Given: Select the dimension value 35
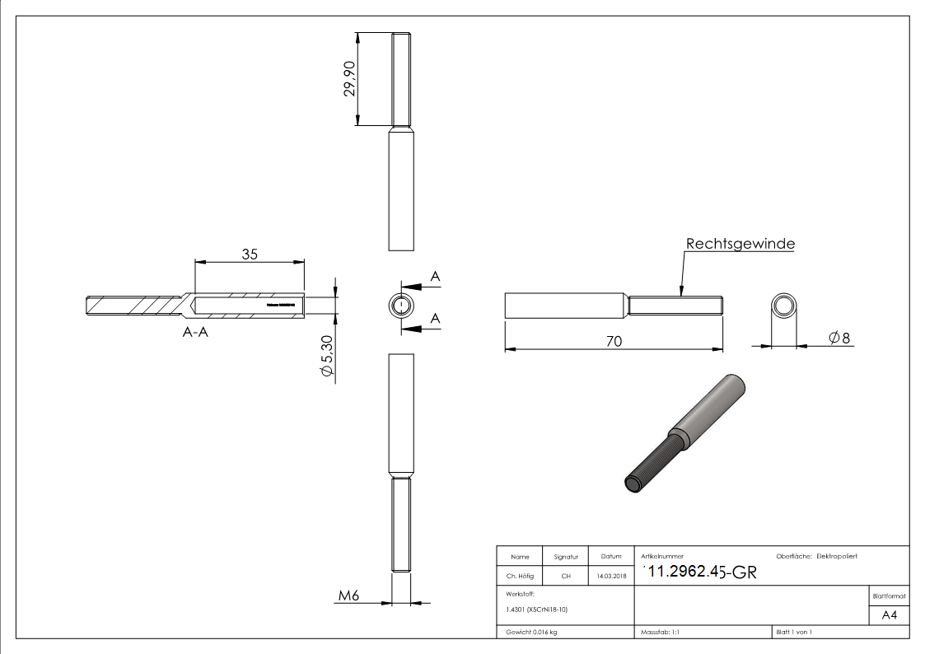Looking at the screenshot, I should tap(250, 254).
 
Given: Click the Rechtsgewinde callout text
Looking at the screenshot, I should tap(740, 244).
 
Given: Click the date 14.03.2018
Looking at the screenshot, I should tap(610, 577).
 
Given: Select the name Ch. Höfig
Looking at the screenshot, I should tap(520, 577).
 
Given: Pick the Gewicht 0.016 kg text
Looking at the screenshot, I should tap(531, 632).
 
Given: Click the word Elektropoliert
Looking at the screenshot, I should tap(836, 557).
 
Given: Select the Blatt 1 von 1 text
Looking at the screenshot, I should tap(793, 632).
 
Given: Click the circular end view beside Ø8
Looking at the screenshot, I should tap(784, 307).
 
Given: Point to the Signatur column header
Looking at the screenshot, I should tap(566, 557).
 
